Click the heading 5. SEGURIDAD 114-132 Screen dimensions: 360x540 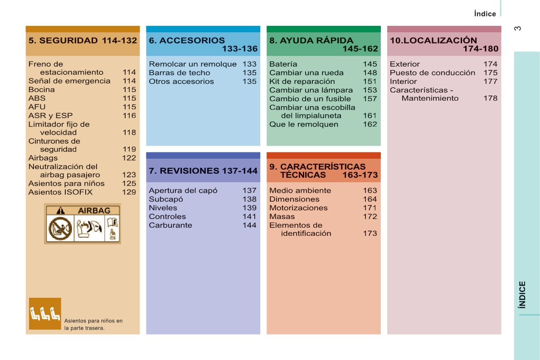[83, 41]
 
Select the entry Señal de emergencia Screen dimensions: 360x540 [69, 81]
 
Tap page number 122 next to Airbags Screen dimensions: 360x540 [129, 158]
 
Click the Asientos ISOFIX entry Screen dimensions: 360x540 [60, 192]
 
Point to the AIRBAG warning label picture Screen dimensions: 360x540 [83, 224]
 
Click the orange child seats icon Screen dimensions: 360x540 [45, 313]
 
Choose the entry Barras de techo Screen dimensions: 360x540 [180, 73]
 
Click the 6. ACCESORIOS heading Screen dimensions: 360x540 [187, 41]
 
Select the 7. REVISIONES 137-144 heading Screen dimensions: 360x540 [203, 171]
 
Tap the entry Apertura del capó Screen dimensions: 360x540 [183, 191]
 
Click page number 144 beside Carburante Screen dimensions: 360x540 [249, 225]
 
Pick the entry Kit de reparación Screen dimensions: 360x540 [302, 82]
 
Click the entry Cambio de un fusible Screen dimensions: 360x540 [310, 99]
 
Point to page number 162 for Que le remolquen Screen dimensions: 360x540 [370, 124]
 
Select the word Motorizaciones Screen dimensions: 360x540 [298, 208]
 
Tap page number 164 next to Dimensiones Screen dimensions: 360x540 [370, 199]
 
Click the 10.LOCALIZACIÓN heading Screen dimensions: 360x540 [433, 41]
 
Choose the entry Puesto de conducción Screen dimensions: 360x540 [433, 73]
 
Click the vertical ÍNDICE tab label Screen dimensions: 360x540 [523, 295]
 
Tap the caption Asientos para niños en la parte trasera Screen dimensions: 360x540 [93, 324]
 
